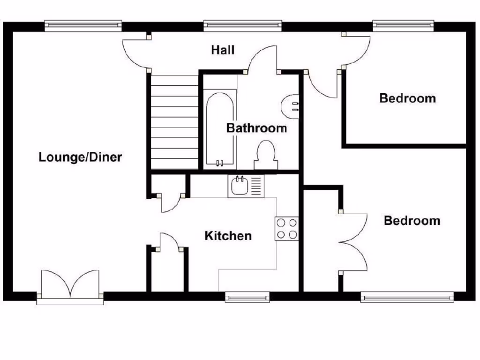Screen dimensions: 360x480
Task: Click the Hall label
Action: pyautogui.click(x=223, y=50)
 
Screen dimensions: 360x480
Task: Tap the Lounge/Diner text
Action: pyautogui.click(x=80, y=157)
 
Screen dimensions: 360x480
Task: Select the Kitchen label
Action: pyautogui.click(x=228, y=236)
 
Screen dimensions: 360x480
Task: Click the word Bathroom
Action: pyautogui.click(x=256, y=128)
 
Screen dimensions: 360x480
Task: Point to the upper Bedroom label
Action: pyautogui.click(x=407, y=98)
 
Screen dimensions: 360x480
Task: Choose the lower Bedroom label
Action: pyautogui.click(x=412, y=221)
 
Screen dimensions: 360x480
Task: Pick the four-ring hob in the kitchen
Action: pyautogui.click(x=287, y=228)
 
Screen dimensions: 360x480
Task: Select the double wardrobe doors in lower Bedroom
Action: pyautogui.click(x=354, y=242)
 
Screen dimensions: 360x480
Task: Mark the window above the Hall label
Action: pyautogui.click(x=242, y=24)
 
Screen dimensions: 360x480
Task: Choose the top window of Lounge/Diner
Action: pyautogui.click(x=83, y=24)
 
